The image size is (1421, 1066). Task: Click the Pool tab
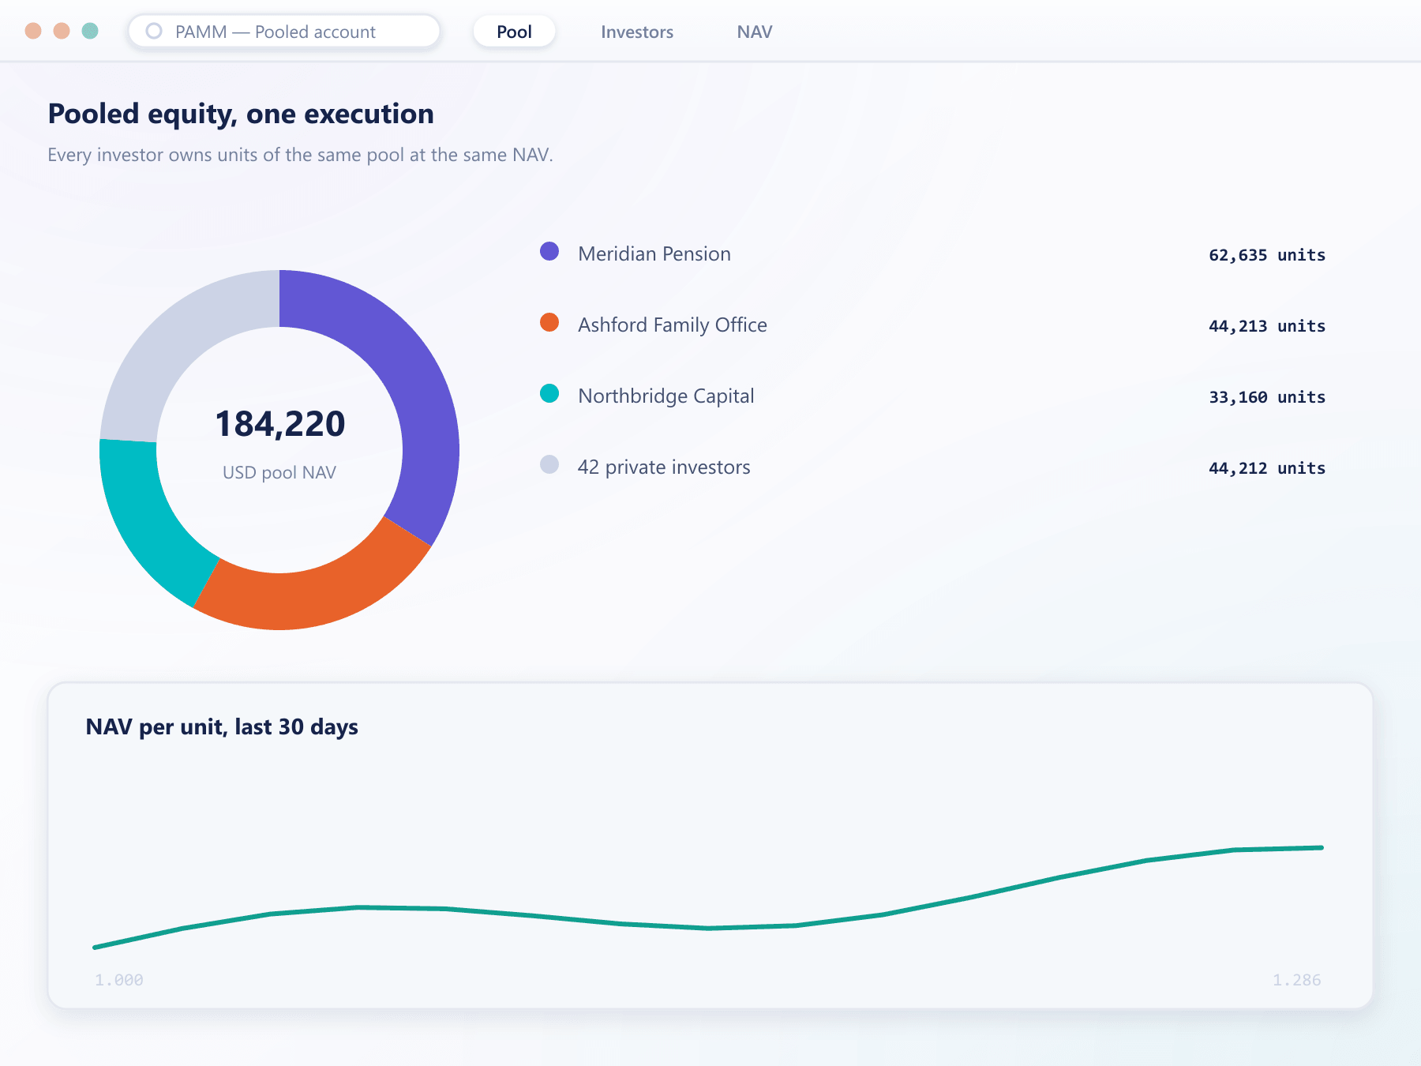tap(514, 32)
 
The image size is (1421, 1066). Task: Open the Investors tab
tap(637, 32)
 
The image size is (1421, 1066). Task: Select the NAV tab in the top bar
tap(755, 32)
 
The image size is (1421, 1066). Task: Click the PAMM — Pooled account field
tap(284, 32)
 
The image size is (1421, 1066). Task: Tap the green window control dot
tap(90, 31)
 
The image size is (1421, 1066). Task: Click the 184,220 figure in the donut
tap(280, 424)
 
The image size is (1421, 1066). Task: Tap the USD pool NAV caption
tap(279, 472)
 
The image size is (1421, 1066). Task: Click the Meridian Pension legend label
tap(654, 253)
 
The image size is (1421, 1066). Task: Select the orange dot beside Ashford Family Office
tap(549, 322)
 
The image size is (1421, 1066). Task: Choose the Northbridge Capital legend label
tap(666, 396)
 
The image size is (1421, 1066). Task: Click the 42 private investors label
tap(664, 467)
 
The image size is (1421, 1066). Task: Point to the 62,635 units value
tap(1267, 255)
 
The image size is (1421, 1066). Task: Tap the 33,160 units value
tap(1267, 397)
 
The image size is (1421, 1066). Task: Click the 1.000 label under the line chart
tap(119, 980)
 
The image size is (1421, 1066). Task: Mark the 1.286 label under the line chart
tap(1297, 980)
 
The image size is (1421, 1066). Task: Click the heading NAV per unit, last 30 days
tap(222, 726)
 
